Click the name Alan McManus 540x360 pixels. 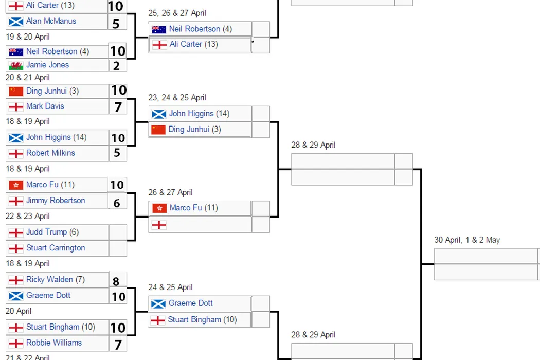coord(51,21)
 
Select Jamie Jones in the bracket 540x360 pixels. coord(47,65)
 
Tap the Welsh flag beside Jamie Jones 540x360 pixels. coord(16,65)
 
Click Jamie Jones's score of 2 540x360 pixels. coord(117,65)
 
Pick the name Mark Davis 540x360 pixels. coord(45,106)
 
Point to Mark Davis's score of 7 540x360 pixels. coord(118,106)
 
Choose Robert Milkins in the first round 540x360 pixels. coord(50,153)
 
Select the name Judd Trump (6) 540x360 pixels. coord(52,232)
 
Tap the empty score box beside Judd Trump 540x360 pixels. coord(118,232)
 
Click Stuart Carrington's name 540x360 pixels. coord(56,248)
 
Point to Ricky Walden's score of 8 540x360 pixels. coord(116,281)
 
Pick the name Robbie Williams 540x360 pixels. coord(54,343)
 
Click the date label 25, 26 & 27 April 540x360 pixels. coord(177,13)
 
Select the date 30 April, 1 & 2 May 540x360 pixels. coord(466,240)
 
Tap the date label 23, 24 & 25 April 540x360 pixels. coord(177,97)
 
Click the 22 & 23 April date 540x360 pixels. coord(28,216)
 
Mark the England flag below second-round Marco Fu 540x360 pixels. coord(159,225)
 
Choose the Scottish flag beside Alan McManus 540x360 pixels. coord(16,22)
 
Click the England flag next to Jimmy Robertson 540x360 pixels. coord(16,201)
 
